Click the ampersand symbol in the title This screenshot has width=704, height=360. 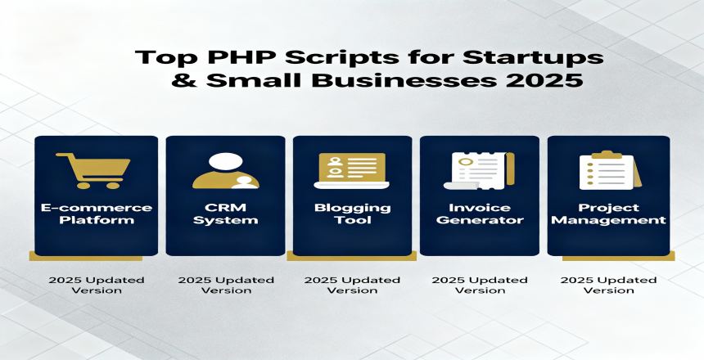pyautogui.click(x=183, y=80)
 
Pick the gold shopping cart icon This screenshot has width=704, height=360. pyautogui.click(x=93, y=170)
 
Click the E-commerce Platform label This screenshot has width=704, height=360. pyautogui.click(x=97, y=214)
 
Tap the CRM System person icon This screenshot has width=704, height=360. pyautogui.click(x=225, y=170)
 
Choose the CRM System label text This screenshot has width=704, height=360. pyautogui.click(x=225, y=214)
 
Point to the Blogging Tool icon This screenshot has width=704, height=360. pyautogui.click(x=352, y=170)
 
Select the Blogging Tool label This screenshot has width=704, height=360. pyautogui.click(x=353, y=214)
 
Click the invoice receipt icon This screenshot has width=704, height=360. pyautogui.click(x=479, y=170)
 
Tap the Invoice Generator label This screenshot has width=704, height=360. pyautogui.click(x=480, y=214)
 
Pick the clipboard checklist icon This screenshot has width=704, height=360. pyautogui.click(x=610, y=170)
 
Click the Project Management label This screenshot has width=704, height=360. pyautogui.click(x=608, y=214)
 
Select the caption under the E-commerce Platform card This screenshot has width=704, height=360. pyautogui.click(x=97, y=285)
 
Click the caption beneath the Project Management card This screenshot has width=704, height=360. pyautogui.click(x=608, y=285)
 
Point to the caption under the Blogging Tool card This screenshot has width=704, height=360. pyautogui.click(x=352, y=285)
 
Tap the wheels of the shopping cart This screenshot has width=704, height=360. pyautogui.click(x=99, y=185)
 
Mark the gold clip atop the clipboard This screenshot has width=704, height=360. pyautogui.click(x=607, y=155)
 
